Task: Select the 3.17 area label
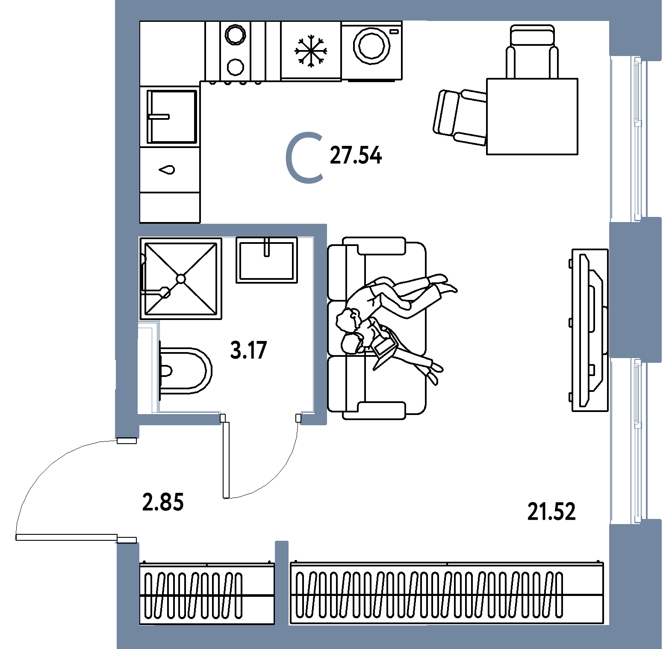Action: coord(248,351)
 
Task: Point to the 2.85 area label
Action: coord(162,502)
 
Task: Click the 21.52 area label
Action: coord(551,512)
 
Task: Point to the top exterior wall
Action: coord(363,10)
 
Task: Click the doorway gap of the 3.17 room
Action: coord(261,419)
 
